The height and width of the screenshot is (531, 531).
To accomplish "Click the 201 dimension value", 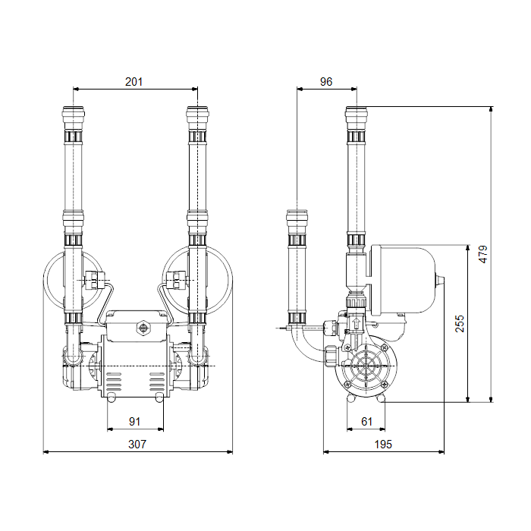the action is point(134,82).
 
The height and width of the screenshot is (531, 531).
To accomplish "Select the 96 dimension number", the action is point(326,82).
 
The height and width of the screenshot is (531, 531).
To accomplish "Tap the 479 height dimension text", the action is point(483,254).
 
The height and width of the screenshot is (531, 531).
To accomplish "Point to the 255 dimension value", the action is point(460,324).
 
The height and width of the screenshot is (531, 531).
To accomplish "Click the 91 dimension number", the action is point(135,422).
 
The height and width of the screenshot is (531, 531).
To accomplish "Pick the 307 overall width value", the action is point(137,445).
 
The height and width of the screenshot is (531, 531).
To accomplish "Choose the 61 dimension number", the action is point(366,422).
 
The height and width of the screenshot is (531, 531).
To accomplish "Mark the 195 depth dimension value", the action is point(383,445).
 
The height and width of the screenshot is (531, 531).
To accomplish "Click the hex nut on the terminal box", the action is point(143,328).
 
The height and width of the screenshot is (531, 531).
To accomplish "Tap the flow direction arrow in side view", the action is point(356,322).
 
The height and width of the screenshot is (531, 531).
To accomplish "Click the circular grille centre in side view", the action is point(366,366).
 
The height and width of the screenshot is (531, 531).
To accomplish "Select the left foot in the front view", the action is point(111,398).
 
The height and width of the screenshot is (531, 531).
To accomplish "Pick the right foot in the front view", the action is point(159,398).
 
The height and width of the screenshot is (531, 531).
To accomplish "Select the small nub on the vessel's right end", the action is point(439,281).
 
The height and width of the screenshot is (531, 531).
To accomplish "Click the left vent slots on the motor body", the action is point(114,382).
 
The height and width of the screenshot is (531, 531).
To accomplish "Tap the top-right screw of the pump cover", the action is point(384,347).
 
